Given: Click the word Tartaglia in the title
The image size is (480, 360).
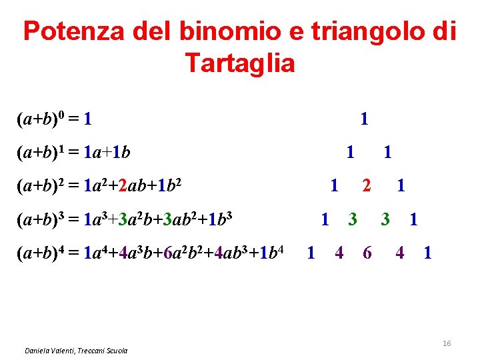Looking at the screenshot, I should pos(239,63).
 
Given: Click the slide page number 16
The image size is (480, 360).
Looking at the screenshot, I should pos(447,343).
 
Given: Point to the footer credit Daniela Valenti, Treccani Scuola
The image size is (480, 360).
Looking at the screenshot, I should pos(76,351).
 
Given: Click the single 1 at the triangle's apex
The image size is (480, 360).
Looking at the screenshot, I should pos(363,119).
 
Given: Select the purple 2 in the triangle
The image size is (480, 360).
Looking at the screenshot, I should pos(366,185).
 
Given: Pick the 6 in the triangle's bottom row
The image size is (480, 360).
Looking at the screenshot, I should pos(367,253).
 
